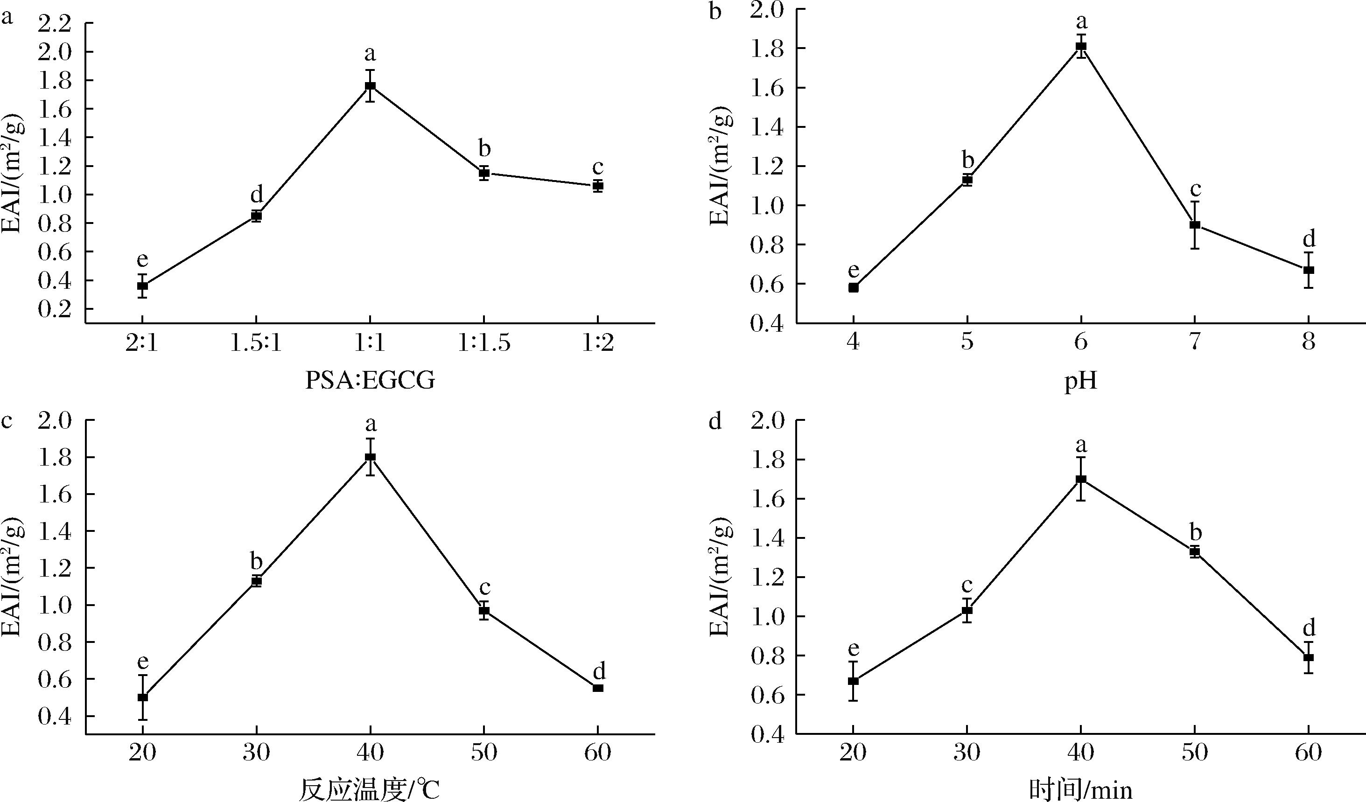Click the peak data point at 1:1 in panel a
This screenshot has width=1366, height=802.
pyautogui.click(x=370, y=86)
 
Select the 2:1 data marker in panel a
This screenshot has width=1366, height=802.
pyautogui.click(x=142, y=286)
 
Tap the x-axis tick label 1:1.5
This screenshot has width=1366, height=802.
pyautogui.click(x=484, y=343)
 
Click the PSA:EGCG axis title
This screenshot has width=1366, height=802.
pyautogui.click(x=370, y=381)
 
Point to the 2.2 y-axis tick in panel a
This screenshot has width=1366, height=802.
pyautogui.click(x=56, y=23)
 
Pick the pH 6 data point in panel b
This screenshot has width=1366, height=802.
pyautogui.click(x=1081, y=46)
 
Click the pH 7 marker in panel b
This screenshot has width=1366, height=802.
pyautogui.click(x=1195, y=225)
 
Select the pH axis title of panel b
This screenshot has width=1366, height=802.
pyautogui.click(x=1081, y=381)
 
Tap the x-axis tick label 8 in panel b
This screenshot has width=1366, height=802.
pyautogui.click(x=1309, y=343)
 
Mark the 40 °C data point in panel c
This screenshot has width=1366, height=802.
pyautogui.click(x=370, y=457)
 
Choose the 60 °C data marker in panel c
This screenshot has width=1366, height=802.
pyautogui.click(x=598, y=688)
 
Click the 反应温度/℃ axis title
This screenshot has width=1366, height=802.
pyautogui.click(x=370, y=789)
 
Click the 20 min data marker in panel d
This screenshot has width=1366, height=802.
pyautogui.click(x=853, y=681)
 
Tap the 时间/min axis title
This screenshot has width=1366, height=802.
pyautogui.click(x=1081, y=789)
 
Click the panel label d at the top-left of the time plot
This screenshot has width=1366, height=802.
pyautogui.click(x=715, y=422)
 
